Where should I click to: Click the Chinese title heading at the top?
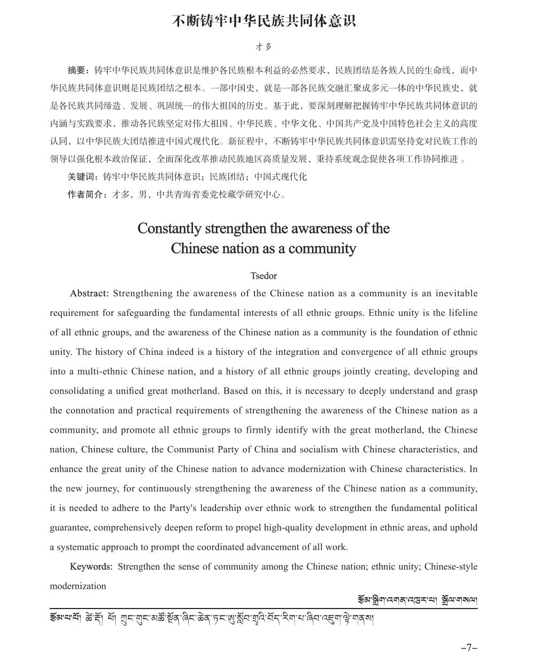pyautogui.click(x=263, y=21)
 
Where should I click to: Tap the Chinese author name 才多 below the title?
pyautogui.click(x=263, y=47)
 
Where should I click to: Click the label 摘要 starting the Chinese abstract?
pyautogui.click(x=77, y=70)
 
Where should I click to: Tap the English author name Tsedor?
pyautogui.click(x=263, y=276)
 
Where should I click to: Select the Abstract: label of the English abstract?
pyautogui.click(x=89, y=294)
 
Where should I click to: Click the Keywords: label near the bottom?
pyautogui.click(x=91, y=566)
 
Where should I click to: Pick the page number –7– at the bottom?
pyautogui.click(x=469, y=648)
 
